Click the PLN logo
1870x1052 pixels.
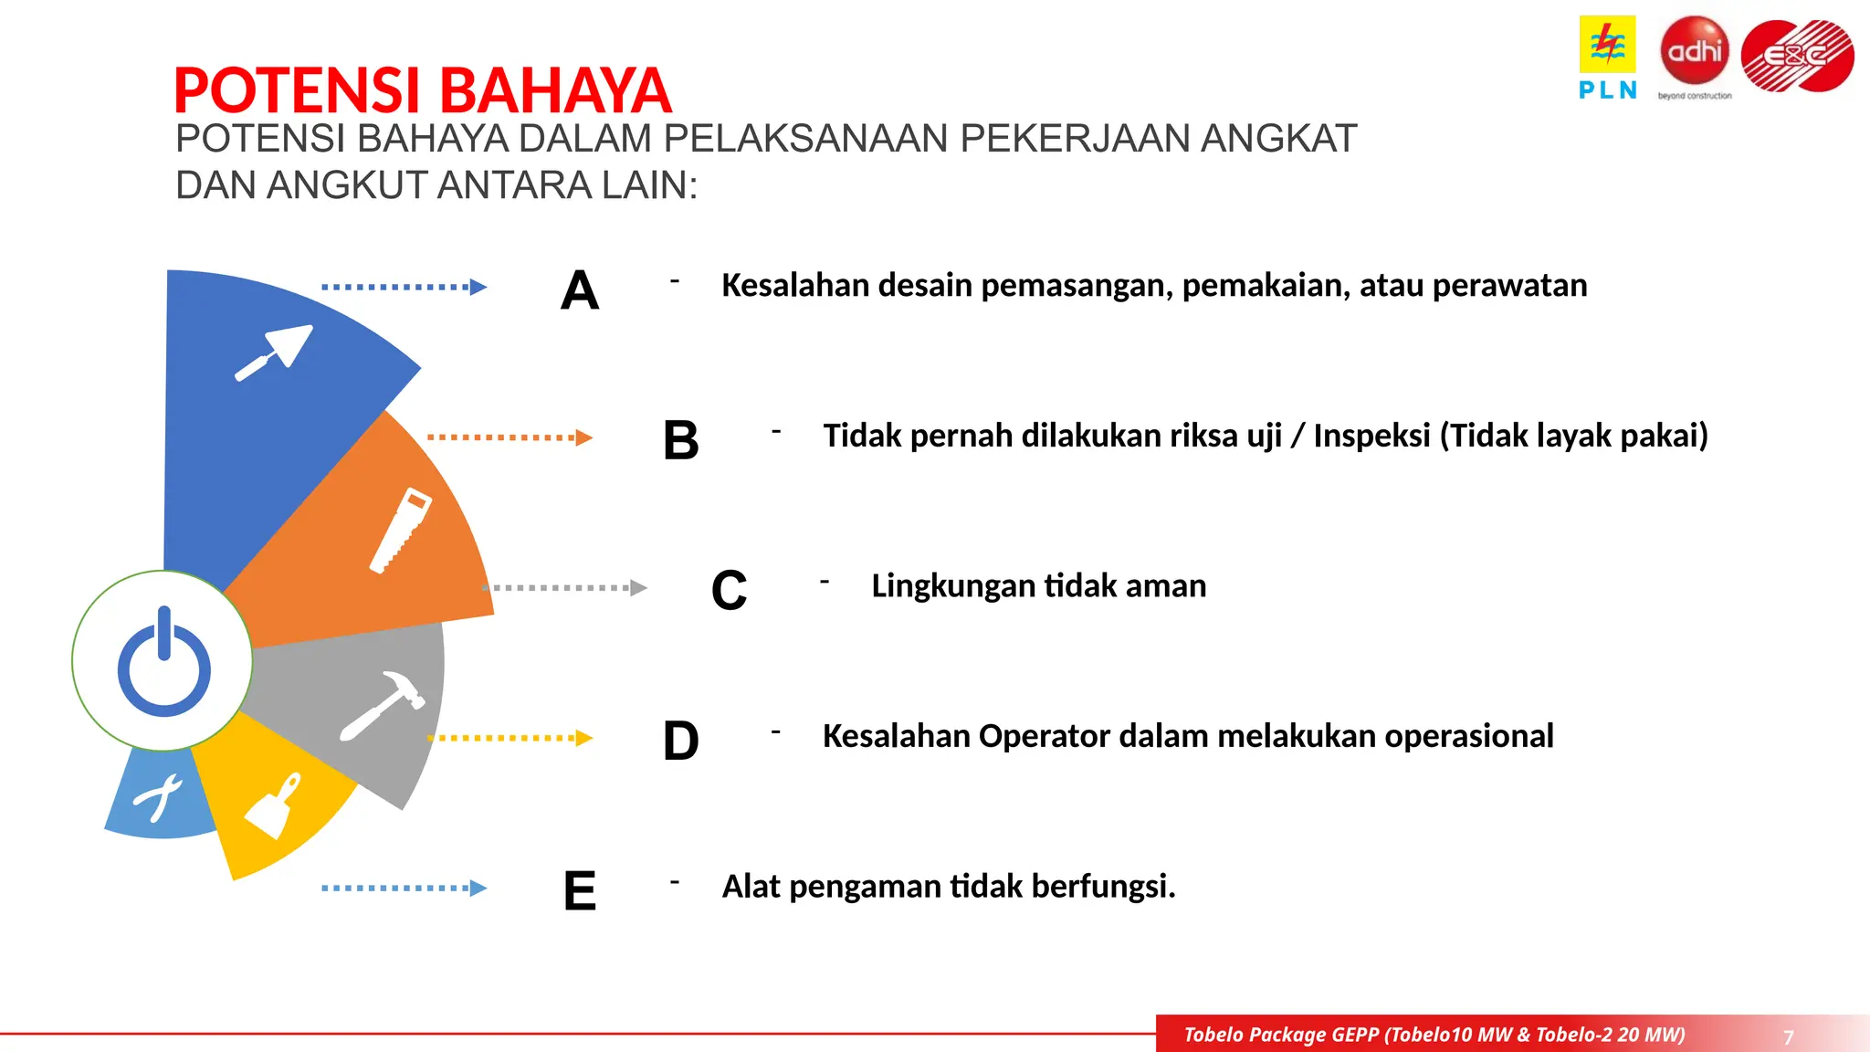coord(1607,57)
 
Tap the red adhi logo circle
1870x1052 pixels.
coord(1695,50)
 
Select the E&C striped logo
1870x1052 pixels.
coord(1797,56)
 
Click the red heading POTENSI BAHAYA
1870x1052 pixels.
coord(422,90)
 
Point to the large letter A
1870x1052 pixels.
coord(580,291)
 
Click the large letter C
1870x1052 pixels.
coord(729,591)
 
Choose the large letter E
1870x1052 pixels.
coord(580,891)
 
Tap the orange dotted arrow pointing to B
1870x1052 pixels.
coord(510,437)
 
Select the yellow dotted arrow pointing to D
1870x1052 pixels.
coord(510,738)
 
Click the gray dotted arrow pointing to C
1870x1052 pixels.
coord(564,588)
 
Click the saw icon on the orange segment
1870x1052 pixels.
coord(400,531)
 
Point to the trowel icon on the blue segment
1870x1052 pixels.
coord(275,352)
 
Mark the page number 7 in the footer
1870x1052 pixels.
coord(1788,1037)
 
